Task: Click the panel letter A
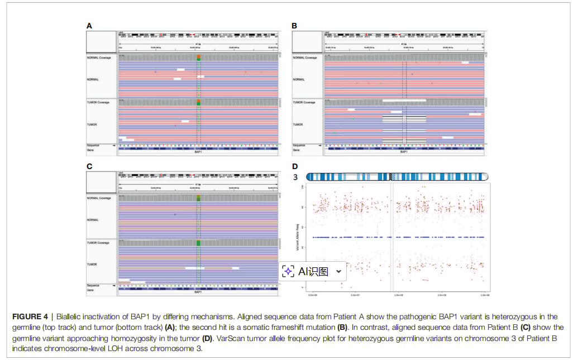(x=88, y=26)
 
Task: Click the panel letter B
(x=294, y=26)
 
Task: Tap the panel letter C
(x=88, y=166)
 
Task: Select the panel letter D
(x=294, y=166)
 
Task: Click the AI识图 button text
(x=313, y=272)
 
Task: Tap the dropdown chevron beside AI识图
(x=338, y=272)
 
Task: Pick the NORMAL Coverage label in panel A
(x=99, y=57)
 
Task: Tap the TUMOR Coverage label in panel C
(x=98, y=243)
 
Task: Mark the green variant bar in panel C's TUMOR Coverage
(x=198, y=243)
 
